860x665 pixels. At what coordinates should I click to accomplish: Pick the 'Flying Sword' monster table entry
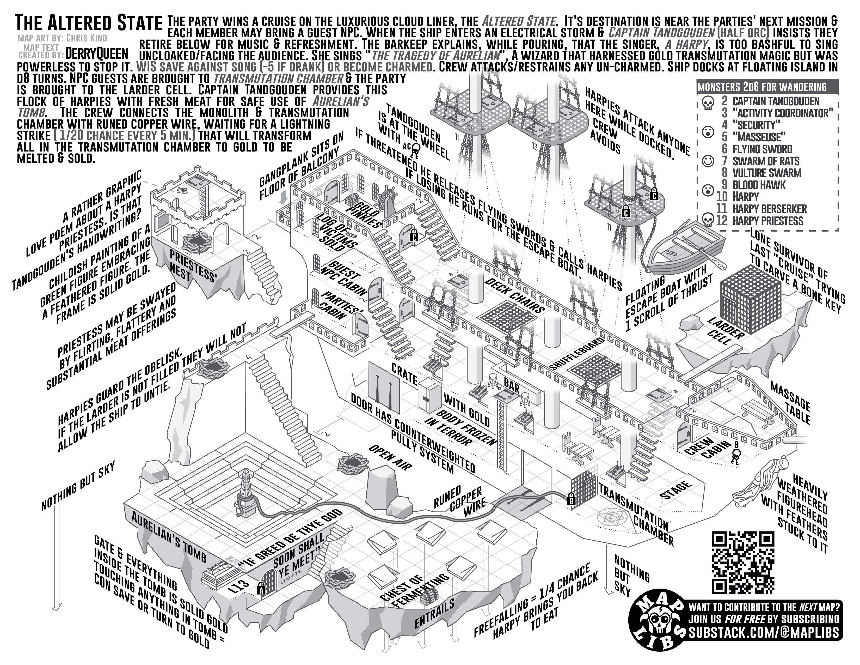pyautogui.click(x=762, y=149)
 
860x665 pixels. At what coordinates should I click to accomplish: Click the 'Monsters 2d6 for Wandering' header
pyautogui.click(x=762, y=87)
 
